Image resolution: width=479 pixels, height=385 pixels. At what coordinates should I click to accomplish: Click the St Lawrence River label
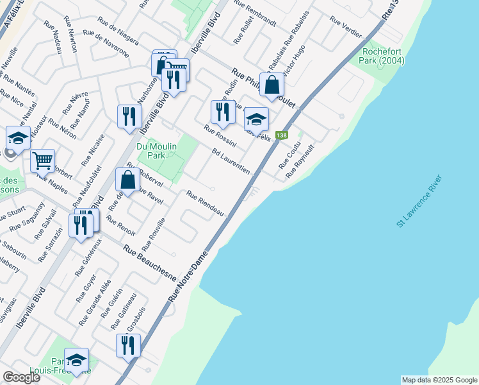pos(419,200)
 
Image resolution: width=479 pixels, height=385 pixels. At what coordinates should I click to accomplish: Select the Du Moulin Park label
pos(152,151)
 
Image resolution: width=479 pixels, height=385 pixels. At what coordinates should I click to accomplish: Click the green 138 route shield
pos(281,135)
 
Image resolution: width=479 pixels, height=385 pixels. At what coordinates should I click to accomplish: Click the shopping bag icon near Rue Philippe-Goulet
pos(272,85)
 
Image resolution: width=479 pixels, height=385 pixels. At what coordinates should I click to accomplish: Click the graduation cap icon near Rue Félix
pos(256,119)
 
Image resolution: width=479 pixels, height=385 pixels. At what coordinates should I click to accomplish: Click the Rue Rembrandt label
pos(255,13)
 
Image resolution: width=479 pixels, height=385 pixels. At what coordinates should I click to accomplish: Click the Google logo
pos(21,377)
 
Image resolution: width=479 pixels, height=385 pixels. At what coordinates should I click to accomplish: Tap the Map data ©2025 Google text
pos(439,380)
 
